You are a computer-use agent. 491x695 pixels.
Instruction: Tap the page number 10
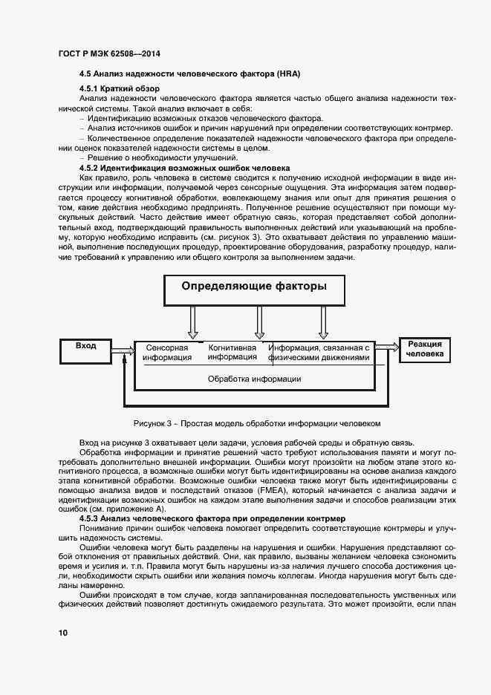(62, 633)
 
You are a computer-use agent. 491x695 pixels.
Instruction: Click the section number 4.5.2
(91, 169)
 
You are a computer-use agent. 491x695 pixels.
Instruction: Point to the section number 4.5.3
(91, 517)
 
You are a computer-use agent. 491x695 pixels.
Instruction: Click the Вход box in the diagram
(87, 346)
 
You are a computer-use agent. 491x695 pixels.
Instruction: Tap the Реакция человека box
(425, 349)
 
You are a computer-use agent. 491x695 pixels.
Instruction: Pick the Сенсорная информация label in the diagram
(167, 352)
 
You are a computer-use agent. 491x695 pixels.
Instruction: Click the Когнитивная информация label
(233, 352)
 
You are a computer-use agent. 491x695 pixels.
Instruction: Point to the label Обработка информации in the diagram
(254, 379)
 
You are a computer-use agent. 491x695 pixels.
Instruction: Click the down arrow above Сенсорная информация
(192, 322)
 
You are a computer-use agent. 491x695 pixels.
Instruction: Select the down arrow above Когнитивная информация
(259, 322)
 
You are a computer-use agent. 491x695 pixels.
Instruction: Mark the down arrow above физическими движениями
(323, 322)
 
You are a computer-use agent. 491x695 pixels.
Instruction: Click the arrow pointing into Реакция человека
(388, 346)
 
